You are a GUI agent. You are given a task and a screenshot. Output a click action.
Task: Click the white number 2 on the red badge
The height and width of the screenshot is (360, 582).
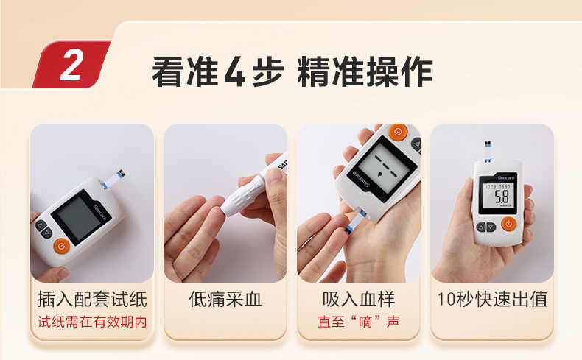[71, 65]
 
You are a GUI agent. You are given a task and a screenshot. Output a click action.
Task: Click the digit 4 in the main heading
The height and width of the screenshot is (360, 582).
[234, 71]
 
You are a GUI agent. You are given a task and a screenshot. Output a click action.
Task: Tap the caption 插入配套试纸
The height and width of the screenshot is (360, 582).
[92, 299]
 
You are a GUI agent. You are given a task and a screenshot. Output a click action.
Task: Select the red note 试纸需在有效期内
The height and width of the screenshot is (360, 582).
[92, 322]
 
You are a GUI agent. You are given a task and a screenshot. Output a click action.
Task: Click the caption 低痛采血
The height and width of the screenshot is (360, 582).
[225, 299]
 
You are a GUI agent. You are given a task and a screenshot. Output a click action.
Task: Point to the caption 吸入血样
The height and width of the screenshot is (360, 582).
[359, 299]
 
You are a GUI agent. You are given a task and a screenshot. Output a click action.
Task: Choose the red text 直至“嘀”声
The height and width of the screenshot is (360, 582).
[359, 322]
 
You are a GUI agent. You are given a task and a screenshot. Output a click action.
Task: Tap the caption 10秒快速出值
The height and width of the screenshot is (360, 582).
[492, 299]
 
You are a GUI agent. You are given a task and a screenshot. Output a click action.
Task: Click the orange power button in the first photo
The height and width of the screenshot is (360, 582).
[62, 246]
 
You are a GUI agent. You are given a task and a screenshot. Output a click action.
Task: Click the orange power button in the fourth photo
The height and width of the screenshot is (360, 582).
[508, 224]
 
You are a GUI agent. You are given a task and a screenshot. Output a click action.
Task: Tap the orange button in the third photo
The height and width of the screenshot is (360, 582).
[398, 131]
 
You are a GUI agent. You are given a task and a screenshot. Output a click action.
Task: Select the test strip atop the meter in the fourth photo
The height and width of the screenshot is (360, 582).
[488, 151]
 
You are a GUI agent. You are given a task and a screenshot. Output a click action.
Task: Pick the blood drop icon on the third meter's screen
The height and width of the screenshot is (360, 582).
[379, 174]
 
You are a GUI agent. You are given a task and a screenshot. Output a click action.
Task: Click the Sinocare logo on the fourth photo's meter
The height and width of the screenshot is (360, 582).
[506, 178]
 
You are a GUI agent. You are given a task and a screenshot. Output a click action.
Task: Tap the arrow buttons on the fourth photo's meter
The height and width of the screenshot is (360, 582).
[486, 227]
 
